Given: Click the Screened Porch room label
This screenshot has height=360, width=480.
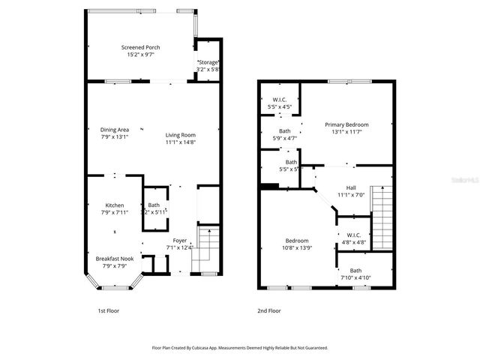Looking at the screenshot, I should click(140, 47).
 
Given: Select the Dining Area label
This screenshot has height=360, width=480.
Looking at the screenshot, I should click(115, 129).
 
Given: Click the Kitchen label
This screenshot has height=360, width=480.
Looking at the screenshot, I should click(114, 205).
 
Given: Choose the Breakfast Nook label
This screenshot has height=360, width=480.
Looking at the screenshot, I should click(114, 258).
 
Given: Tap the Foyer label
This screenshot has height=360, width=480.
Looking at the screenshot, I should click(180, 240).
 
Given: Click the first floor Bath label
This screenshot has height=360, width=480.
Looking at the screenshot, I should click(154, 205).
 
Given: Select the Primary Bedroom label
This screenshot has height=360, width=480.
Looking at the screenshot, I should click(346, 124).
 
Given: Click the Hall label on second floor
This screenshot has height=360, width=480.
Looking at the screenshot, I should click(350, 187).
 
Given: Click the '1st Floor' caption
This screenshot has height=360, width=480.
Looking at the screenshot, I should click(108, 310).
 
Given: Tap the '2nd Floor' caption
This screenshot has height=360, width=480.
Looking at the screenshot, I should click(269, 310).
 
